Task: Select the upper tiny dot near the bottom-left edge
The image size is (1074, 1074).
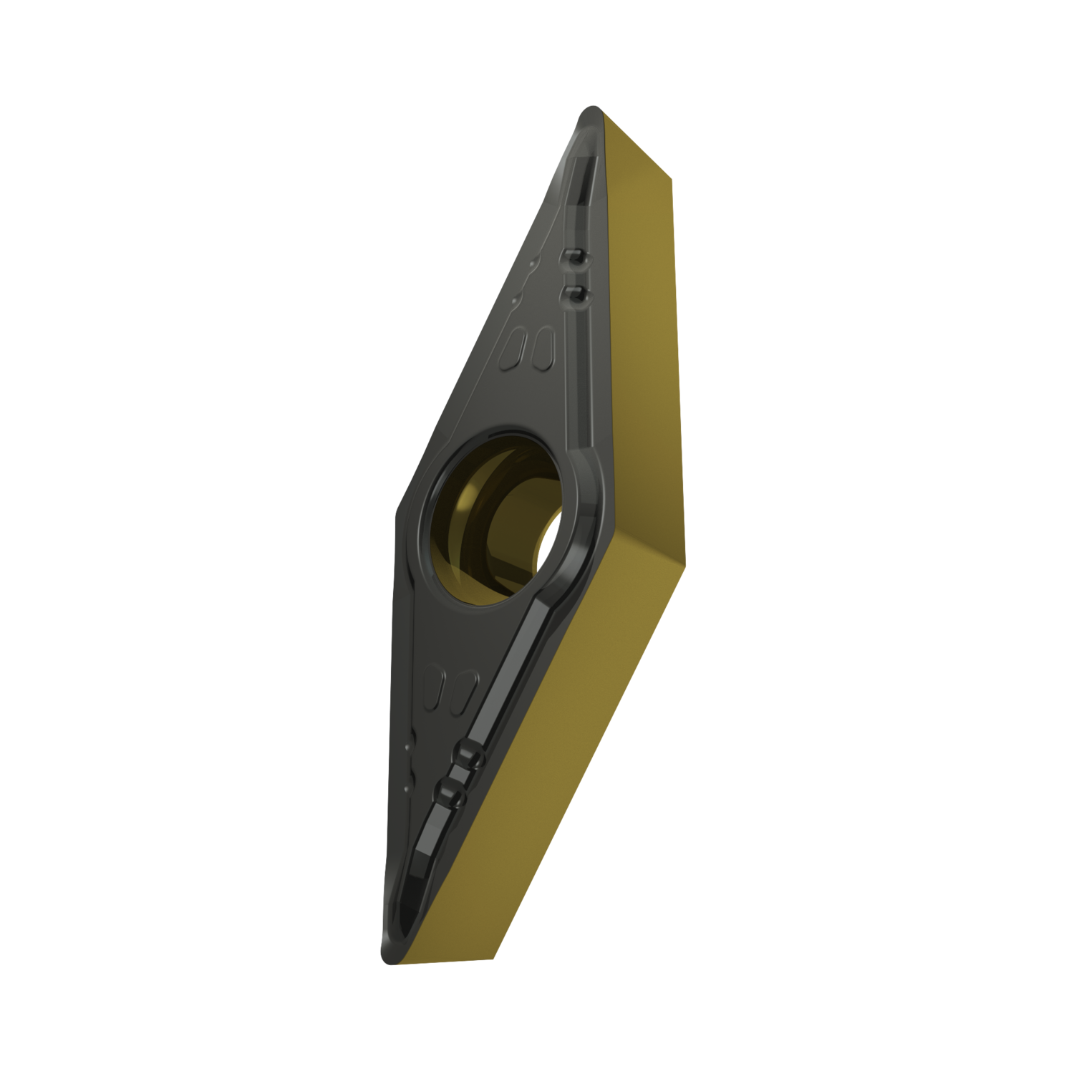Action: [407, 747]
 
